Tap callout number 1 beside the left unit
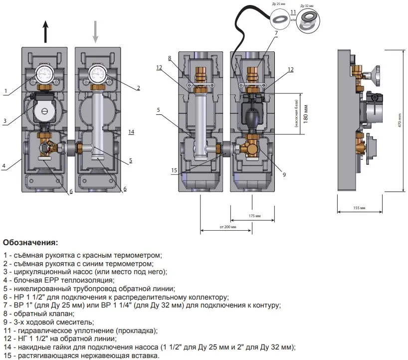click(5, 90)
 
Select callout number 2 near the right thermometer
click(138, 87)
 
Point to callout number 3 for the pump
click(4, 120)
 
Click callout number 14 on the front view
click(131, 132)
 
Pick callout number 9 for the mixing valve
click(284, 174)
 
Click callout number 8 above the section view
click(170, 58)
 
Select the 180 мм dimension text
click(306, 113)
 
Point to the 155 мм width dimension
click(359, 207)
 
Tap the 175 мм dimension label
click(254, 216)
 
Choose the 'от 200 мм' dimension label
click(228, 227)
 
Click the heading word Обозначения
click(30, 244)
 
